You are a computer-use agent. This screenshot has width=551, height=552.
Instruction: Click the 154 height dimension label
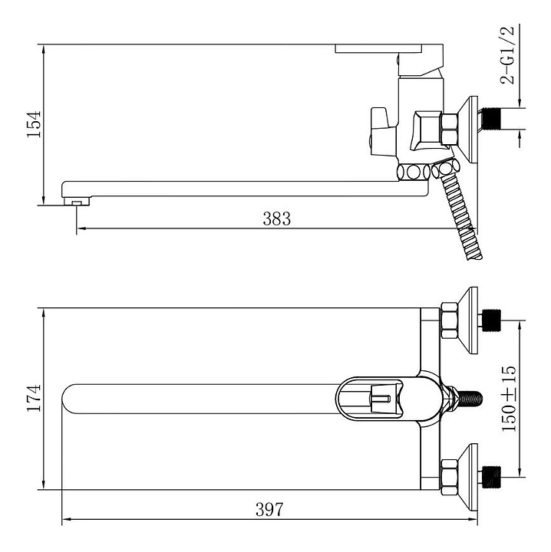[x=35, y=124]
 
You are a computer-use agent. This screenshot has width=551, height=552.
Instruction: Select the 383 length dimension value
[x=277, y=219]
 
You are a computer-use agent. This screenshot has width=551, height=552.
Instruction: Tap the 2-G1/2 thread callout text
[x=507, y=54]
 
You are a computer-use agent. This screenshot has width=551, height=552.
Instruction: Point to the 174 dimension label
[x=35, y=398]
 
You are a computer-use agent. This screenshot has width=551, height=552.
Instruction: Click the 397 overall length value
[x=269, y=509]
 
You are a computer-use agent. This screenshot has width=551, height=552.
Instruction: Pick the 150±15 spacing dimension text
[x=509, y=399]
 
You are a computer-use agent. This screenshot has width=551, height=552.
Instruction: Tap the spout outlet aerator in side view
[x=77, y=202]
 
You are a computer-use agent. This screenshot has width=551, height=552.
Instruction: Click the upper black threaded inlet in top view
[x=491, y=320]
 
